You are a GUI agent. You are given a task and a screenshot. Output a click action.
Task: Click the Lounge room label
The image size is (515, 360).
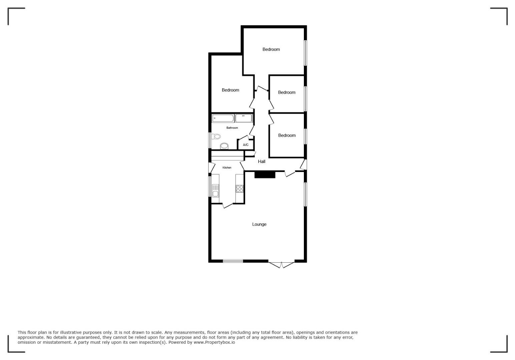[259, 224]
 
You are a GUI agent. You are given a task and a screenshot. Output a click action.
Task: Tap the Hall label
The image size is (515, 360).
[262, 162]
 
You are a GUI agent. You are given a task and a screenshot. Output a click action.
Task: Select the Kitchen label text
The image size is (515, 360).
[227, 168]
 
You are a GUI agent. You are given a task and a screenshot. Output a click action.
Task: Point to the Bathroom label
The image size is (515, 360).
[232, 128]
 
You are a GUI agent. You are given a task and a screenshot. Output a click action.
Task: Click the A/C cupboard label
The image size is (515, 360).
[245, 145]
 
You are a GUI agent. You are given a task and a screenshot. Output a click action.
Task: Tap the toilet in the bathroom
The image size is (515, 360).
[216, 136]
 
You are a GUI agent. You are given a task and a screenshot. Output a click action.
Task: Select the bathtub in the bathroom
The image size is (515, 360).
[223, 118]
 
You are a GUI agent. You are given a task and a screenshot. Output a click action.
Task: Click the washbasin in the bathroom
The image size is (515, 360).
[224, 146]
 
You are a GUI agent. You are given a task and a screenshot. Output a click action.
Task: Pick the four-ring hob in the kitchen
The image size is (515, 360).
[239, 189]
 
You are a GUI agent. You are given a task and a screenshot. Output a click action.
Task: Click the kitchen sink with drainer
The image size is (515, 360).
[215, 190]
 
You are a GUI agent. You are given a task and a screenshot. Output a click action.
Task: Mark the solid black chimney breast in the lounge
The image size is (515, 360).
[265, 175]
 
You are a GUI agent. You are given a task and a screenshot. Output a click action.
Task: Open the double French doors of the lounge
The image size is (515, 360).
[282, 265]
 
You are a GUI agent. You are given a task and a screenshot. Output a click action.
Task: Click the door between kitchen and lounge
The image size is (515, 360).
[227, 206]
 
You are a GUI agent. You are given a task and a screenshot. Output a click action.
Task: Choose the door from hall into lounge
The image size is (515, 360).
[290, 174]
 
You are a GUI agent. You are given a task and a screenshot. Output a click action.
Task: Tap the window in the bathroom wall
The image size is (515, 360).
[210, 140]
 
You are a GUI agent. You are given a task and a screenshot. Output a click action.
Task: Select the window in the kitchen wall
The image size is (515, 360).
[210, 186]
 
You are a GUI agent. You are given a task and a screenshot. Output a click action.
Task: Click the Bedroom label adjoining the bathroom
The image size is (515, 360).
[230, 90]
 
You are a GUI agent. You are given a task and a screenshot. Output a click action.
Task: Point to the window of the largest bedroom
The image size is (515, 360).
[305, 53]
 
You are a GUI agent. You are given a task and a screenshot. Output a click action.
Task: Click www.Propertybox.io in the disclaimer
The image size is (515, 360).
[214, 342]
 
